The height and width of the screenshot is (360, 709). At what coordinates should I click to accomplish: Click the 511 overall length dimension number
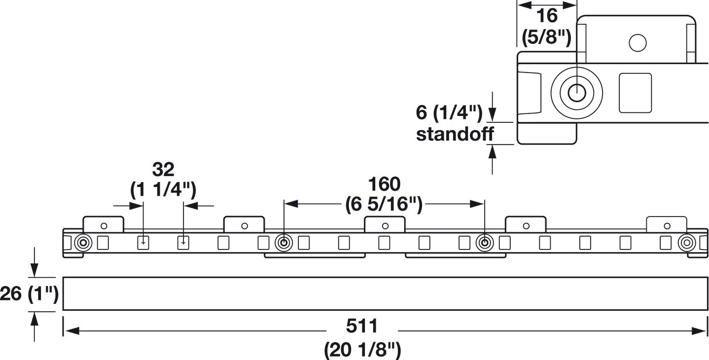(x=362, y=326)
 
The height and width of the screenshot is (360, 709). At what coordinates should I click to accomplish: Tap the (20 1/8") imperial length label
(x=362, y=350)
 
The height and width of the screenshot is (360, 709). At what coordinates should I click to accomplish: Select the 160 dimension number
(x=384, y=184)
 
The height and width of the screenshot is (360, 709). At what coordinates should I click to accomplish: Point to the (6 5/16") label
(x=384, y=204)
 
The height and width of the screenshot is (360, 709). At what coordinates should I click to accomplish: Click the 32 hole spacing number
(x=163, y=169)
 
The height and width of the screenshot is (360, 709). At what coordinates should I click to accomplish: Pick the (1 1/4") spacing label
(x=163, y=190)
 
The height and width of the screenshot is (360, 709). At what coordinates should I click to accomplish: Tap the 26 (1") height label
(x=29, y=293)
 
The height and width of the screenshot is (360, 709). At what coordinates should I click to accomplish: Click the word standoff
(x=455, y=134)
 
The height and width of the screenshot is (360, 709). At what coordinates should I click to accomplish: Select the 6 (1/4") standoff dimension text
(x=449, y=113)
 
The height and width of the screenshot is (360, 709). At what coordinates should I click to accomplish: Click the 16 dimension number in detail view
(x=547, y=16)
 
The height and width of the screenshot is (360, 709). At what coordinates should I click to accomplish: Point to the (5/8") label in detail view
(x=547, y=37)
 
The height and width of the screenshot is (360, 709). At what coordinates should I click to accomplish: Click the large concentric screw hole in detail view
(x=577, y=93)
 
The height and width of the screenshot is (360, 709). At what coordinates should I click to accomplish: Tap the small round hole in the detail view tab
(x=638, y=43)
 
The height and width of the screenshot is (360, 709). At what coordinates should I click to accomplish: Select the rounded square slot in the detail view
(x=635, y=93)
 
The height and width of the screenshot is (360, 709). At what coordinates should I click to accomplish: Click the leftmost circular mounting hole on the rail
(x=83, y=243)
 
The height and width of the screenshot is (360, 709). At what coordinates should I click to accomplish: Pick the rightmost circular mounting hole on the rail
(x=687, y=243)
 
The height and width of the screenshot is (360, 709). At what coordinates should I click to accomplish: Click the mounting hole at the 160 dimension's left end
(x=284, y=243)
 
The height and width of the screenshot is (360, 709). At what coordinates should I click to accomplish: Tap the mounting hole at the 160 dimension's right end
(x=485, y=243)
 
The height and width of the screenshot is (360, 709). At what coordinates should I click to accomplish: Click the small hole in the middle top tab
(x=385, y=226)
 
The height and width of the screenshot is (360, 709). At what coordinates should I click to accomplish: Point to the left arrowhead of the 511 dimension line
(x=71, y=331)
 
